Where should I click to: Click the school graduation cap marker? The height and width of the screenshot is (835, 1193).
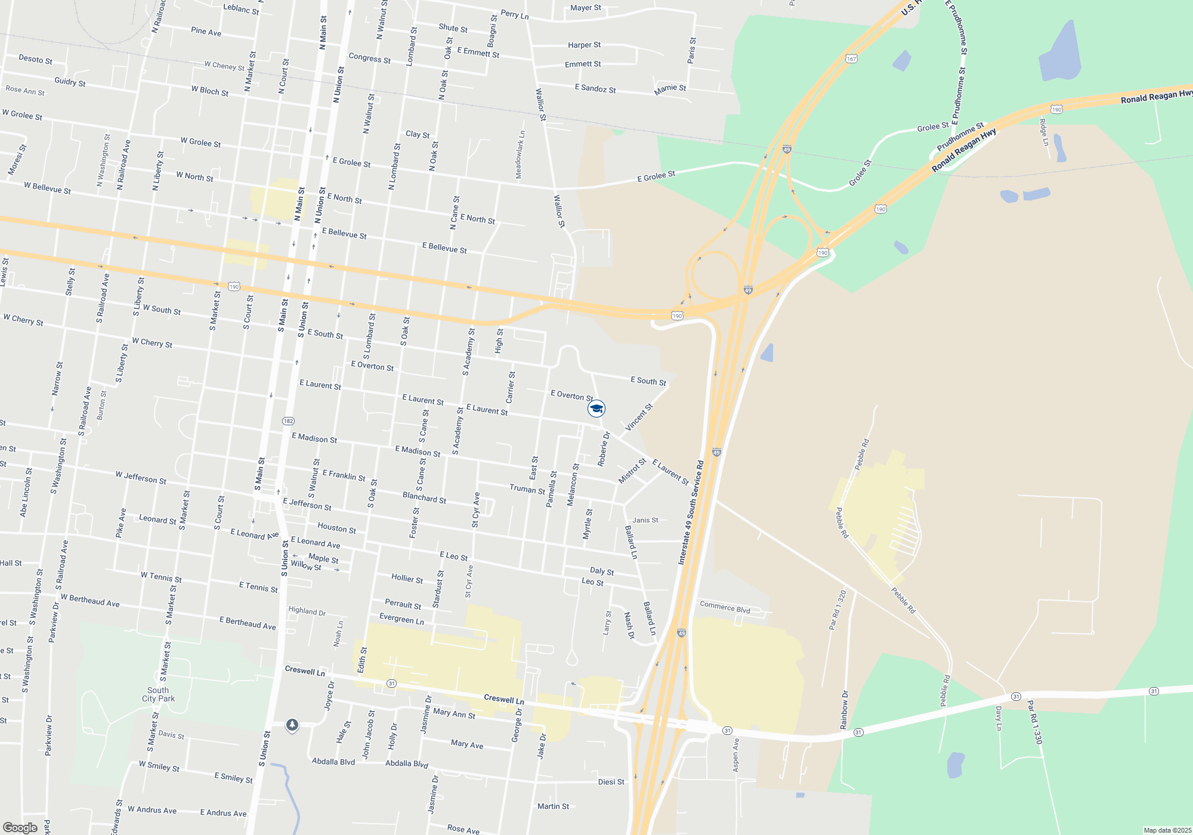(596, 409)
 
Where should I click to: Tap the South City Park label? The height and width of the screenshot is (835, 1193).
(158, 694)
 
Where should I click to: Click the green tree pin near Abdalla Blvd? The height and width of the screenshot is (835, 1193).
(292, 725)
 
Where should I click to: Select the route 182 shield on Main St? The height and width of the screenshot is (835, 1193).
(288, 421)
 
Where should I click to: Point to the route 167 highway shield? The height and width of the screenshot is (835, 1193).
(851, 58)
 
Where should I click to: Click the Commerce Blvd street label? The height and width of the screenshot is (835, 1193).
(725, 608)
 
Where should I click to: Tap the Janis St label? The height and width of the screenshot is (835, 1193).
(645, 520)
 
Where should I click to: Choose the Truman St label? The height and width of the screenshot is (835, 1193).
(527, 489)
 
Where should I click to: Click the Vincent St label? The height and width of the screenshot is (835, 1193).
(639, 417)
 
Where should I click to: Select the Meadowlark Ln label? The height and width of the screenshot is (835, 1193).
(520, 154)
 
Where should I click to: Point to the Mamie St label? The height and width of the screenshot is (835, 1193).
(670, 89)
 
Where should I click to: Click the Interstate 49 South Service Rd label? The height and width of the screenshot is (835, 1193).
(691, 512)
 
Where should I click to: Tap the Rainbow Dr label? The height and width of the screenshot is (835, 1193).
(844, 710)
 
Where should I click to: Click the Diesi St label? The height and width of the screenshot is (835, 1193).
(611, 782)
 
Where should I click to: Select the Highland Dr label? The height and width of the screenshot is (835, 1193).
(307, 611)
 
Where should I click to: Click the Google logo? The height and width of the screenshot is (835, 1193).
(20, 828)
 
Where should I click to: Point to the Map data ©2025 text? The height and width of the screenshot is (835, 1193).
(1167, 830)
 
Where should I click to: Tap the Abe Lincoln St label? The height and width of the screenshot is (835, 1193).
(26, 492)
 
